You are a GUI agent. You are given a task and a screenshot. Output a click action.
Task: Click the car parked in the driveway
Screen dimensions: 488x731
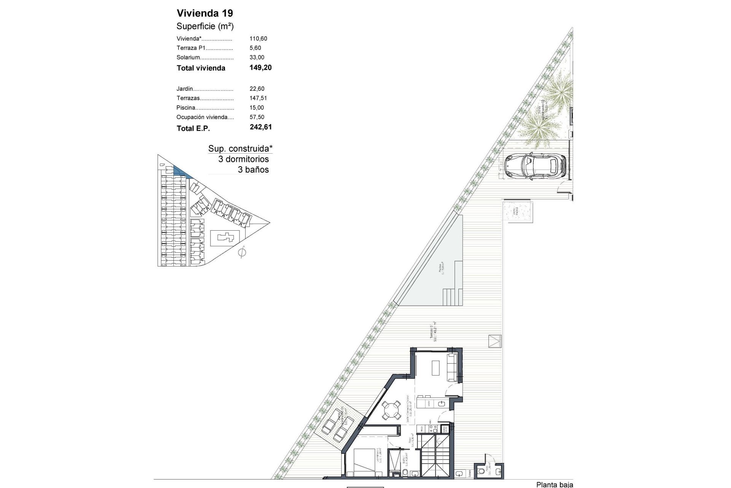(535, 165)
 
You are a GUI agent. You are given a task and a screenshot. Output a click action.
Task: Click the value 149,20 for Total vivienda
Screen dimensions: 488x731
(260, 68)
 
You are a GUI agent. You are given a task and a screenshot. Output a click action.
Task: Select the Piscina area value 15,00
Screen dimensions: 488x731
(257, 108)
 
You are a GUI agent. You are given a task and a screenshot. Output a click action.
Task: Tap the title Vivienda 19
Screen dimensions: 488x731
(205, 13)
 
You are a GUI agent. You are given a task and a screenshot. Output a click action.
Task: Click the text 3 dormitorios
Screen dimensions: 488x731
(243, 159)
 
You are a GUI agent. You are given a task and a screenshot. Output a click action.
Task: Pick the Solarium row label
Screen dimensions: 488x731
(188, 58)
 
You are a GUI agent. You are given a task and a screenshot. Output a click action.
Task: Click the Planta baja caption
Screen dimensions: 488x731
(554, 485)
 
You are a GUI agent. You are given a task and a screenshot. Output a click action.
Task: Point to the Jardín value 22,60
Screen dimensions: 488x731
(257, 89)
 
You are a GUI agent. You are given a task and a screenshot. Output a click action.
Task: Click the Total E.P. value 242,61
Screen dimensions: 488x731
(260, 127)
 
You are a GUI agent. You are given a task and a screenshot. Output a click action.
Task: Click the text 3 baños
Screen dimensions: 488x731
(253, 170)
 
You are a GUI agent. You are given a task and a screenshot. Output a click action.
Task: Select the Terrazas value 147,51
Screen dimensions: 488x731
(258, 98)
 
